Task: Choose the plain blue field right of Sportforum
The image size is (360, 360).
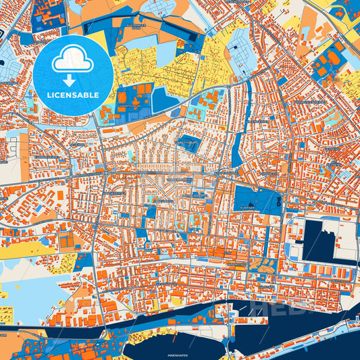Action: [x=164, y=101]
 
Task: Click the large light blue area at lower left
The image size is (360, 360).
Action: [x=27, y=297]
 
